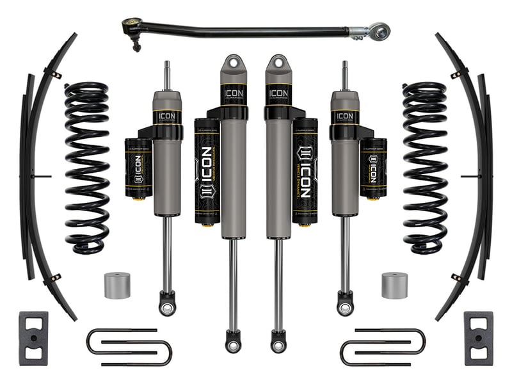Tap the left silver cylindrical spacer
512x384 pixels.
tap(117, 285)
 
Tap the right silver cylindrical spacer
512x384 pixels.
tap(394, 285)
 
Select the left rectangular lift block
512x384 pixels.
tap(33, 338)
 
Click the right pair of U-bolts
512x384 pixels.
tap(383, 346)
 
